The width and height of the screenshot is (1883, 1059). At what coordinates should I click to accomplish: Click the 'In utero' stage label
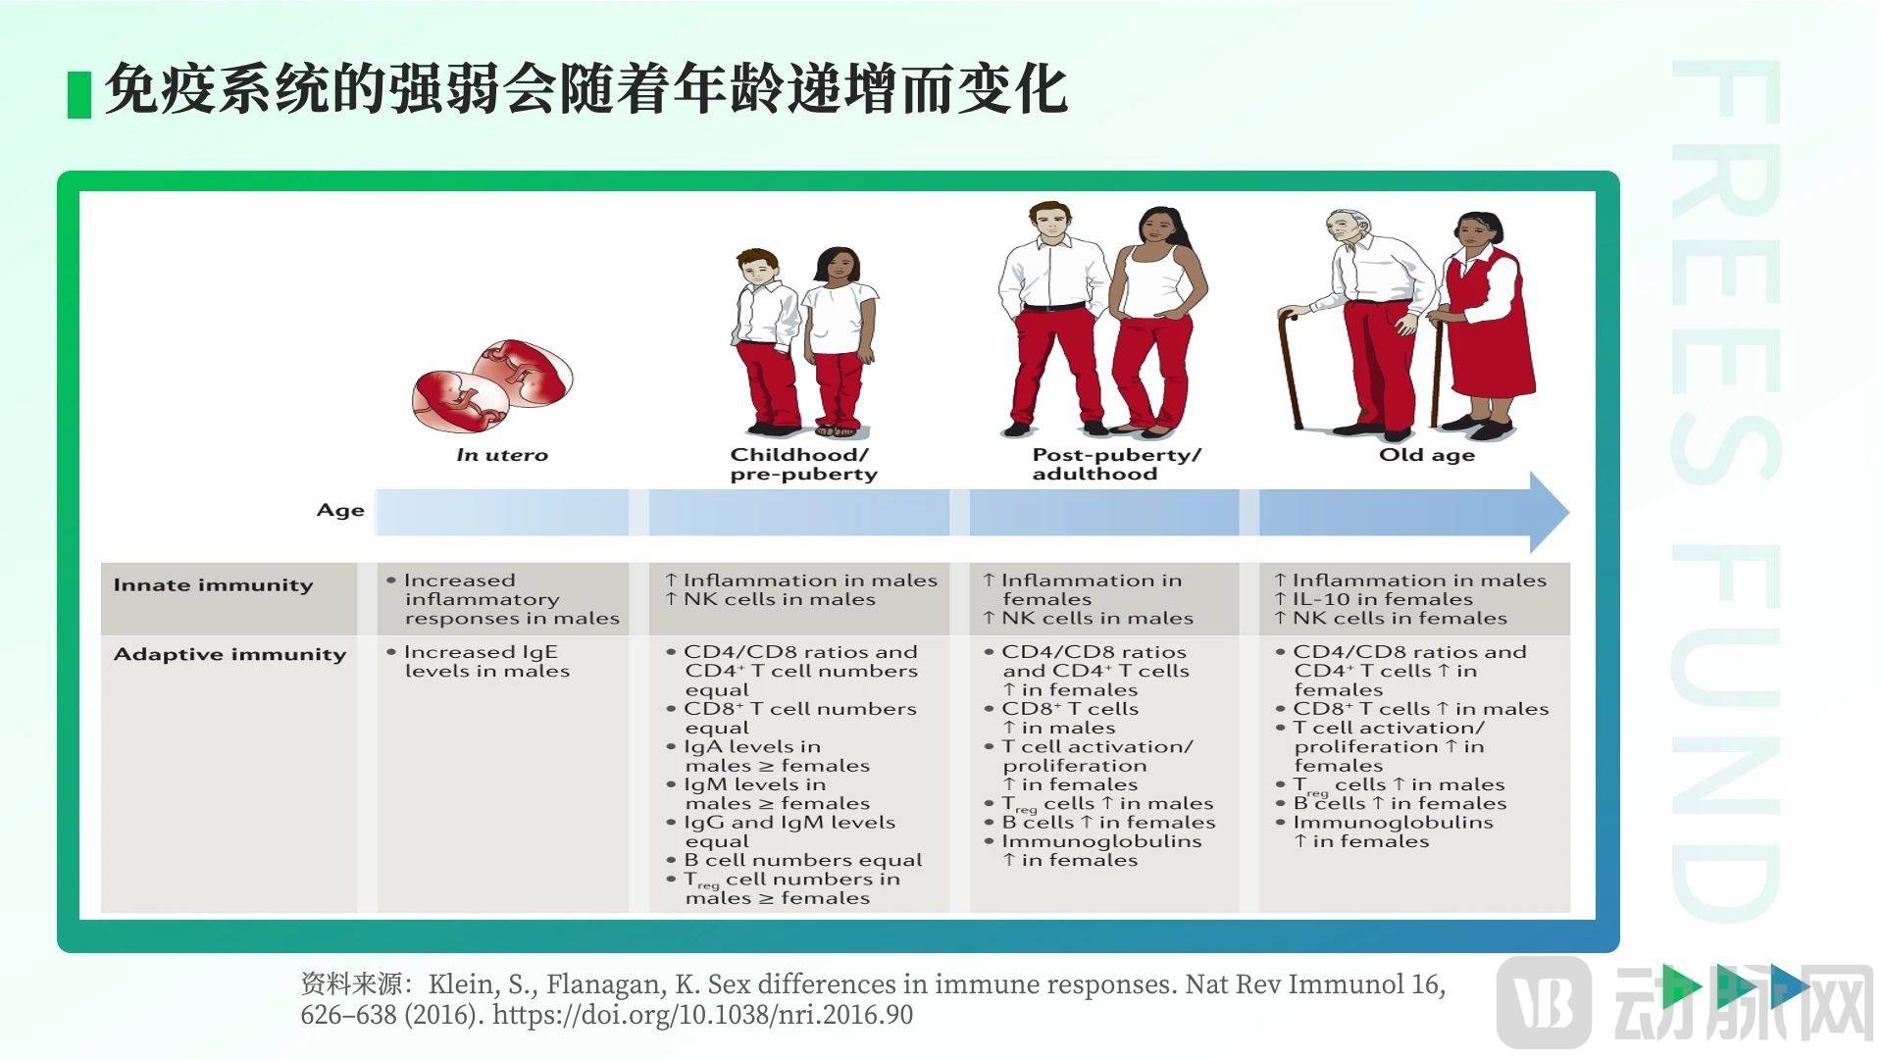(x=502, y=455)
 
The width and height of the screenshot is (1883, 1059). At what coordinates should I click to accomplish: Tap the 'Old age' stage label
(x=1427, y=455)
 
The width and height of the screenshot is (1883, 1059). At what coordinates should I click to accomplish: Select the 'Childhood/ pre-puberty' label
(x=803, y=464)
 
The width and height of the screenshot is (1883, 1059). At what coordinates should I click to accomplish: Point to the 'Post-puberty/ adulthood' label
(x=1116, y=464)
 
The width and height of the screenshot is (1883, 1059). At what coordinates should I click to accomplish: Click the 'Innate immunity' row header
(x=213, y=585)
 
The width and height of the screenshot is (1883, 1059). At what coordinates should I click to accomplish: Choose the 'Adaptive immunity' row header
(x=229, y=654)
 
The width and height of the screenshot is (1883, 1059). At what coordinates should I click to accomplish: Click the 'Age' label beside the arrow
(x=340, y=510)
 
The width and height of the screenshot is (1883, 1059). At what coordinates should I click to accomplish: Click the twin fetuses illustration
(x=492, y=386)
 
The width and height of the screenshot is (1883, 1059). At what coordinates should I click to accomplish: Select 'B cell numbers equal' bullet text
(x=802, y=860)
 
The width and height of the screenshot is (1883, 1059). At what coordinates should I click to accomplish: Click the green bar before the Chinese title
(x=79, y=95)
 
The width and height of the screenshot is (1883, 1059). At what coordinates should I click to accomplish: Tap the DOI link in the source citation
(x=702, y=1014)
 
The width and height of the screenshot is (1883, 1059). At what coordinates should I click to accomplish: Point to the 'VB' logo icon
(x=1545, y=1002)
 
